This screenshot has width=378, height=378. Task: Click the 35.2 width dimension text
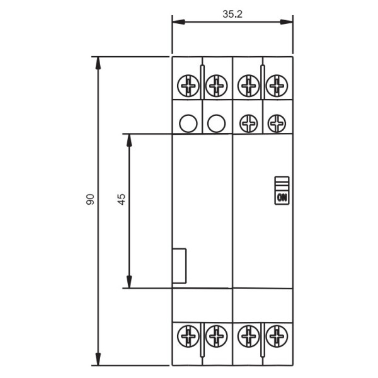pos(232,13)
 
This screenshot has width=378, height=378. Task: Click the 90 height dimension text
pos(90,200)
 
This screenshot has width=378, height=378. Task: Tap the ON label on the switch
pos(282,197)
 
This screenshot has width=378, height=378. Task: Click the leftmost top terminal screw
pos(187,84)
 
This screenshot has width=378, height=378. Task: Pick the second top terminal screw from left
pos(216,84)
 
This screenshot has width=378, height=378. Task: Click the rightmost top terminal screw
pos(277,84)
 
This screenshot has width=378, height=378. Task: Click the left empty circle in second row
pos(187,123)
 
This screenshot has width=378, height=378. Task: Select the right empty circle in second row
pos(216,123)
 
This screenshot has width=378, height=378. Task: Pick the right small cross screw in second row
pos(277,123)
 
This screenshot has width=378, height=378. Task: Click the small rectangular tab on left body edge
pos(180,265)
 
